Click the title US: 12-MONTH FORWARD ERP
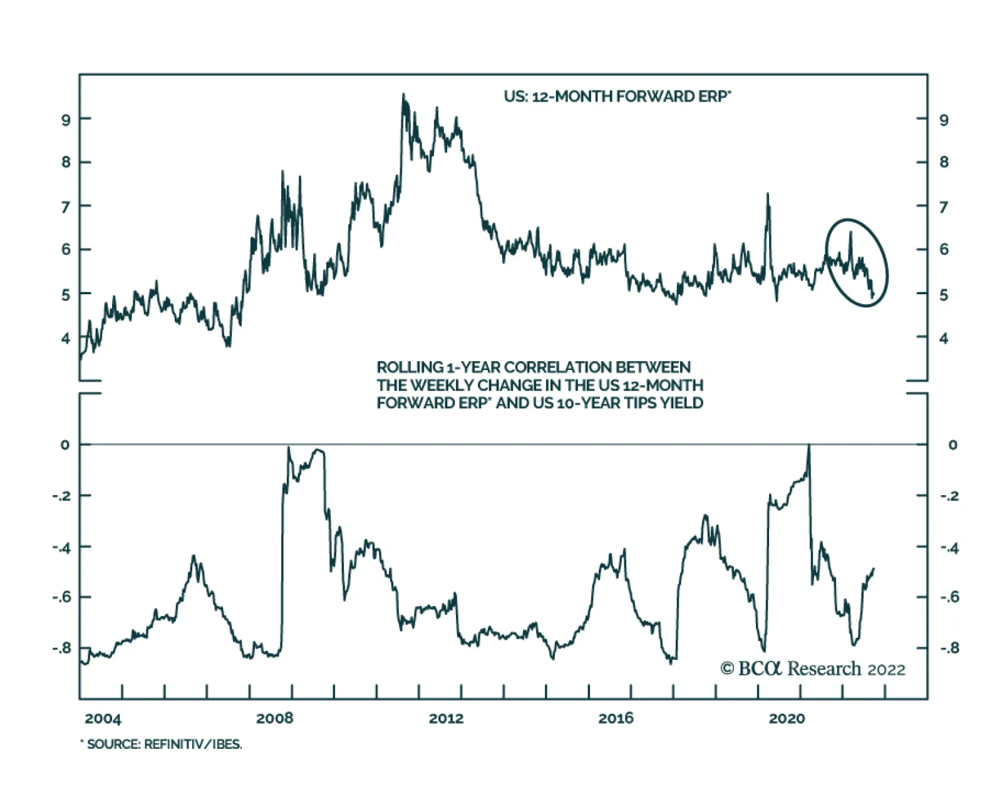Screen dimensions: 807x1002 [617, 96]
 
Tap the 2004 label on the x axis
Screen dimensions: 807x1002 [103, 717]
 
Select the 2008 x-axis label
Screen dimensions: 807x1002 [274, 717]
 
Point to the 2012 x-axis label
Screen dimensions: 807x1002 [446, 717]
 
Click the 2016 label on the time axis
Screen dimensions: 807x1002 [616, 717]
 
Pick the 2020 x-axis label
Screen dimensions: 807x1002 [787, 717]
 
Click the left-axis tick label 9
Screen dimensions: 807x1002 [66, 119]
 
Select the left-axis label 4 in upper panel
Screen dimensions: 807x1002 [66, 338]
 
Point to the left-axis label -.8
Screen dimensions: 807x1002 [61, 648]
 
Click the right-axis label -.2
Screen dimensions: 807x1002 [949, 496]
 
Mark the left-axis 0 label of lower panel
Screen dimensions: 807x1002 [66, 445]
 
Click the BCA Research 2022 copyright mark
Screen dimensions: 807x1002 [812, 669]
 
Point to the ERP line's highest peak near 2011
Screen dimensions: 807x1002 [403, 95]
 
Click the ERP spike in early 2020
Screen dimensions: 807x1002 [767, 195]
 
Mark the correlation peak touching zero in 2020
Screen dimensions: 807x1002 [808, 446]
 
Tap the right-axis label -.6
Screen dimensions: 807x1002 [949, 597]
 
